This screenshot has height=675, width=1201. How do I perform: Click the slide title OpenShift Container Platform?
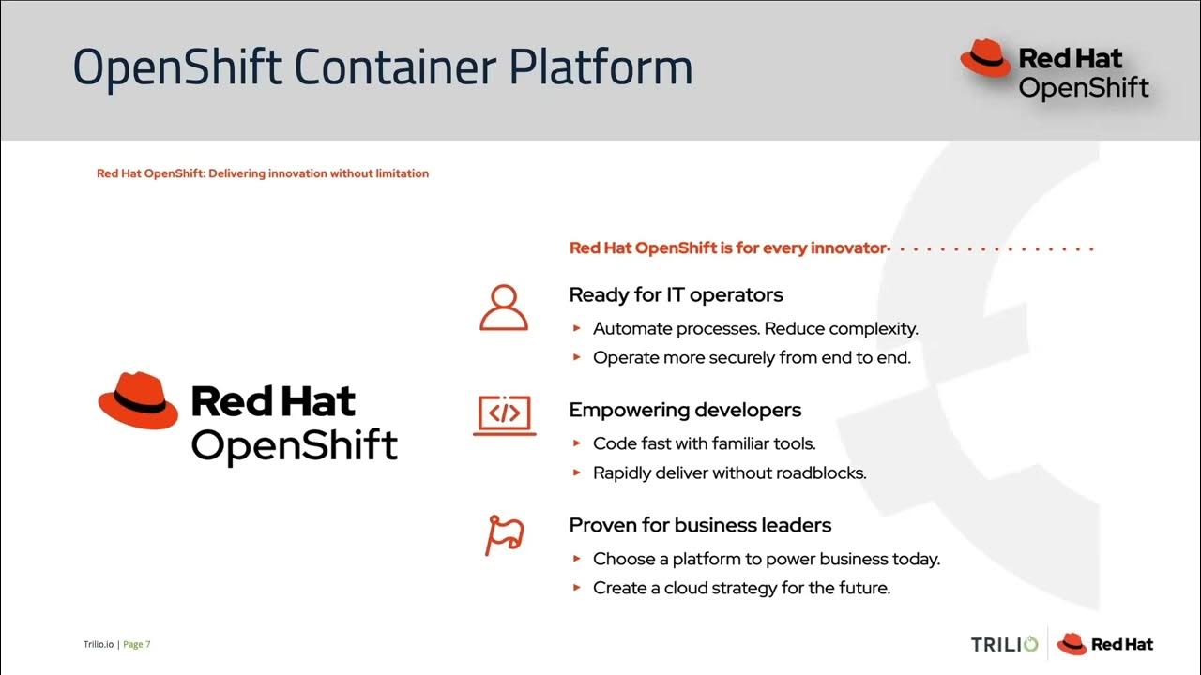pos(383,67)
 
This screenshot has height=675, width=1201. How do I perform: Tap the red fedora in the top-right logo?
pos(985,58)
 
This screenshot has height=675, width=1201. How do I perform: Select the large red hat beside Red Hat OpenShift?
pos(138,400)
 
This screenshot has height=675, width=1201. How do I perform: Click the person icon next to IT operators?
pos(504,307)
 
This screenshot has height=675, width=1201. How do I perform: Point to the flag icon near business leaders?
pos(504,534)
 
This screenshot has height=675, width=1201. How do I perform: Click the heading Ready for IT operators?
pos(676,294)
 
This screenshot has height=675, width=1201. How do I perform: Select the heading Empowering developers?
pos(685,410)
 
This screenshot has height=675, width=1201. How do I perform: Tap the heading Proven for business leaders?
pos(700,525)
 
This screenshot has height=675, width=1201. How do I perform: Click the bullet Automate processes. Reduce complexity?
pos(755,329)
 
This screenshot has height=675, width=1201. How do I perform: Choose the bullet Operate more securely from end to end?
pos(752,357)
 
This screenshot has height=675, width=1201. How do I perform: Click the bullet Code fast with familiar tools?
pos(704,443)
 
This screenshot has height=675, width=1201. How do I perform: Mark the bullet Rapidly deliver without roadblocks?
pos(729,472)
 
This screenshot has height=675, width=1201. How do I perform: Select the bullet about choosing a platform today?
pos(766,559)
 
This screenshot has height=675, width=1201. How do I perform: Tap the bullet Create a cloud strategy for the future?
pos(741,588)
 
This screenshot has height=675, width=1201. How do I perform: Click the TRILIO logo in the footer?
pos(1004,644)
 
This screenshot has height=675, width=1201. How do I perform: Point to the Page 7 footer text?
pos(137,644)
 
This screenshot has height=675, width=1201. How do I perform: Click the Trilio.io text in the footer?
pos(98,644)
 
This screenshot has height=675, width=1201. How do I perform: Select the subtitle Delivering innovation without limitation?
pos(263,173)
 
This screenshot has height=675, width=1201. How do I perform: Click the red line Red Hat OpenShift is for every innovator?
pos(728,248)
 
